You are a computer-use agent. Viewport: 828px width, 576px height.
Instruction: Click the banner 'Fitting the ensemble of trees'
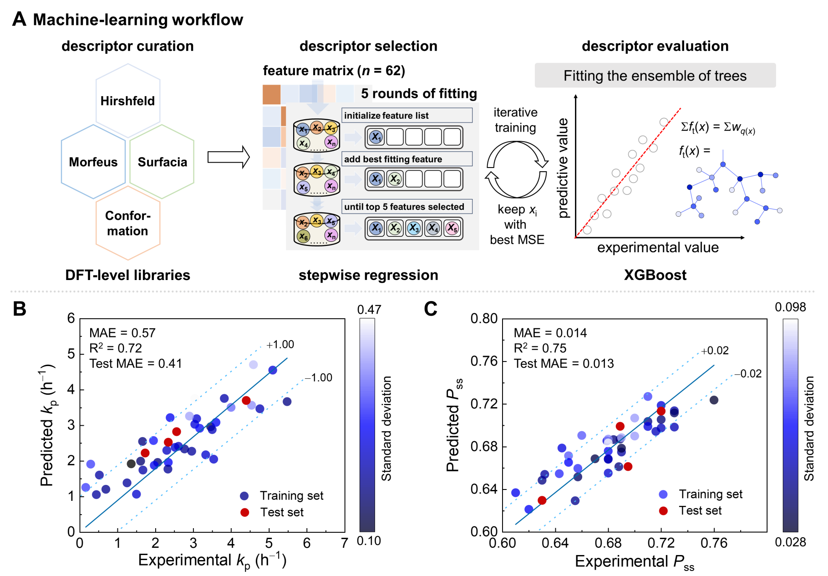pyautogui.click(x=655, y=76)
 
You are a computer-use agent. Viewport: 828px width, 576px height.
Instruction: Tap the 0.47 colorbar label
pyautogui.click(x=369, y=310)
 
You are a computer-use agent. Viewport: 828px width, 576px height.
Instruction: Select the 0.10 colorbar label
pyautogui.click(x=369, y=540)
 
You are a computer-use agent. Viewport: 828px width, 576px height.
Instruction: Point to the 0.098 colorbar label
pyautogui.click(x=790, y=307)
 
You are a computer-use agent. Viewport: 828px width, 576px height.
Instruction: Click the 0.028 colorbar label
pyautogui.click(x=790, y=542)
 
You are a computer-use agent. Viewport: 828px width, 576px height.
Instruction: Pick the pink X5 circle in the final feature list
pyautogui.click(x=452, y=228)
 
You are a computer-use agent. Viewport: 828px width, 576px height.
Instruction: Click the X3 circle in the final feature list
pyautogui.click(x=414, y=228)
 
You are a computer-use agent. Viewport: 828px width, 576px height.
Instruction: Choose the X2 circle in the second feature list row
pyautogui.click(x=395, y=179)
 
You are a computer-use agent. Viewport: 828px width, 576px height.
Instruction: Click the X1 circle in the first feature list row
pyautogui.click(x=376, y=137)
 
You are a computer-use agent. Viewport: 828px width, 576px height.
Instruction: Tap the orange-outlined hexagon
pyautogui.click(x=128, y=223)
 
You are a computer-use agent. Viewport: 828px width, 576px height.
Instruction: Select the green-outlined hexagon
pyautogui.click(x=162, y=162)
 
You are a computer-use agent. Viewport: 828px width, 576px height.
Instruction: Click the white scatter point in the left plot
pyautogui.click(x=195, y=398)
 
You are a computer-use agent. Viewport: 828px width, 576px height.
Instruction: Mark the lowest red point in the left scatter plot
pyautogui.click(x=245, y=512)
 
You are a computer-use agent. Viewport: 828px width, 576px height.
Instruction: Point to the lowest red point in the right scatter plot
pyautogui.click(x=663, y=511)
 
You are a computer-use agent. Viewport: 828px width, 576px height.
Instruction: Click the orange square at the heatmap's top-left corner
pyautogui.click(x=271, y=94)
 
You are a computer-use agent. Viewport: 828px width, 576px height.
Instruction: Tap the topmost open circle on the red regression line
pyautogui.click(x=664, y=122)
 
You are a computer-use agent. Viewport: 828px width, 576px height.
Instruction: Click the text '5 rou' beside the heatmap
pyautogui.click(x=375, y=93)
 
